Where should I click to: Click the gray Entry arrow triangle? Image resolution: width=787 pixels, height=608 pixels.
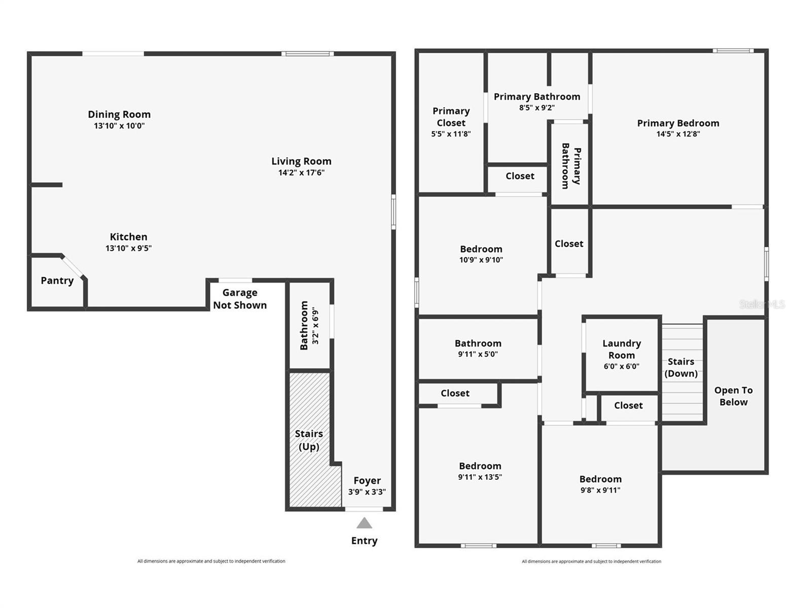[x=364, y=523]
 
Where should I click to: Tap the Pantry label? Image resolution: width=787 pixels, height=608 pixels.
[x=57, y=281]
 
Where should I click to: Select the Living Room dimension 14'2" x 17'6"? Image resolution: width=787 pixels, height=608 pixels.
[x=301, y=173]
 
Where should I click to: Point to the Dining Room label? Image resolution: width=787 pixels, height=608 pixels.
[x=119, y=115]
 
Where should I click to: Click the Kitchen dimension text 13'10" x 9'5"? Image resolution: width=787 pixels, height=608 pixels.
[x=129, y=248]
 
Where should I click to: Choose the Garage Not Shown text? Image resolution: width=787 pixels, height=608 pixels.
[x=240, y=299]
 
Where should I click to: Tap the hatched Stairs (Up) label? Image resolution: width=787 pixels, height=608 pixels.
[x=309, y=440]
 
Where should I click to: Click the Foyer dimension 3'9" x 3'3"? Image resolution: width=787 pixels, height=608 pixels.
[x=367, y=492]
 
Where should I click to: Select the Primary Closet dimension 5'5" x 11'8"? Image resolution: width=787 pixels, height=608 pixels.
[x=451, y=134]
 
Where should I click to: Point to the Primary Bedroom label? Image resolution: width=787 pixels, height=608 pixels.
[x=678, y=123]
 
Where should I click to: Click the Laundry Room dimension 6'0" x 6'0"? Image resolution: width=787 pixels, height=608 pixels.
[x=622, y=366]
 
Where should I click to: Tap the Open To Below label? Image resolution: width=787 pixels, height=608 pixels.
[x=733, y=396]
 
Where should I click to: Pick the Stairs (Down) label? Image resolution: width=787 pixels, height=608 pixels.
[x=681, y=367]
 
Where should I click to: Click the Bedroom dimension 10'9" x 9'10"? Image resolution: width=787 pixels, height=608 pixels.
[x=481, y=260]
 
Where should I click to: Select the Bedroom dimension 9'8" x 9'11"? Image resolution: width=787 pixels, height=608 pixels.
[x=600, y=490]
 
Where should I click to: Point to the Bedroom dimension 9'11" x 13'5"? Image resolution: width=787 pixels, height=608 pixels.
[x=480, y=477]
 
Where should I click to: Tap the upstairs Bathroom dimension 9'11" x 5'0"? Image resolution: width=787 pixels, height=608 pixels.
[x=478, y=354]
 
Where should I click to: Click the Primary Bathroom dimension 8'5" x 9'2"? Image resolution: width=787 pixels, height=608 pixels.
[x=536, y=107]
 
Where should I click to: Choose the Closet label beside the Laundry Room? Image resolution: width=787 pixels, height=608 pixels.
[x=628, y=405]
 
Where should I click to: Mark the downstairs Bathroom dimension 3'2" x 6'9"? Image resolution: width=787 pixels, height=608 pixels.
[x=315, y=325]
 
